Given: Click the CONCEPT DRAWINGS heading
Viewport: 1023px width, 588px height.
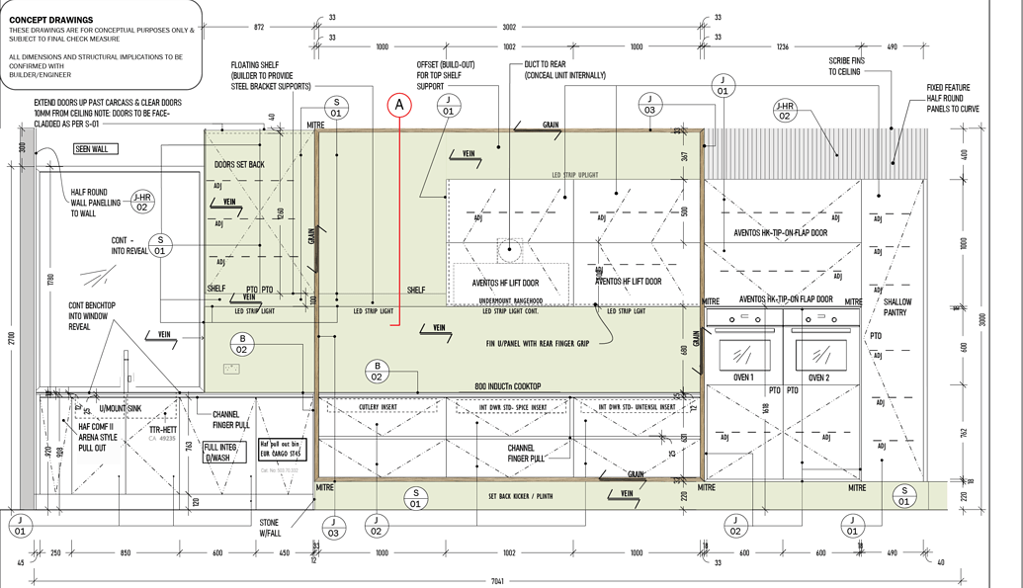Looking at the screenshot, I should click(x=51, y=20).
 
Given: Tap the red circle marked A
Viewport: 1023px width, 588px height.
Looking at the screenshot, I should click(x=399, y=103).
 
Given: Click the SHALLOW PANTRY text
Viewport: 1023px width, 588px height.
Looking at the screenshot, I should click(x=897, y=307).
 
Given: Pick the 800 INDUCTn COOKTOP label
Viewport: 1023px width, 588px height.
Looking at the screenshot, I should click(x=508, y=386).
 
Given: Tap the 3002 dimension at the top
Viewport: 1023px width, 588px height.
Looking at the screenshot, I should click(x=509, y=28).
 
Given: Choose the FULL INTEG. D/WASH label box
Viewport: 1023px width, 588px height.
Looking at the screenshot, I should click(x=226, y=452).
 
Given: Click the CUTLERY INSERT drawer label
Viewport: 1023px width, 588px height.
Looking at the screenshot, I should click(x=382, y=406).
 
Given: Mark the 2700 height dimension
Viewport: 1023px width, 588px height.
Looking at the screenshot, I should click(x=12, y=338).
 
